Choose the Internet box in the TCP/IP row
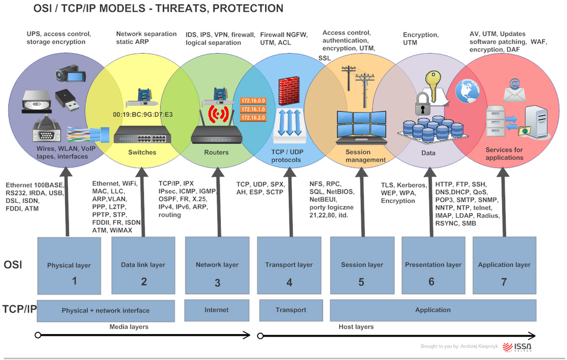pyautogui.click(x=217, y=310)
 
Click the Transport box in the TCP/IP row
pyautogui.click(x=291, y=310)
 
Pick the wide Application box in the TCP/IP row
pyautogui.click(x=433, y=310)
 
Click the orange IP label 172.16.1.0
pyautogui.click(x=253, y=110)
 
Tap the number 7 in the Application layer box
pyautogui.click(x=504, y=282)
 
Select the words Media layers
pyautogui.click(x=129, y=326)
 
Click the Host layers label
pyautogui.click(x=356, y=326)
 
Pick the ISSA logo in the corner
pyautogui.click(x=523, y=347)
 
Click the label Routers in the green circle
pyautogui.click(x=216, y=153)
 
